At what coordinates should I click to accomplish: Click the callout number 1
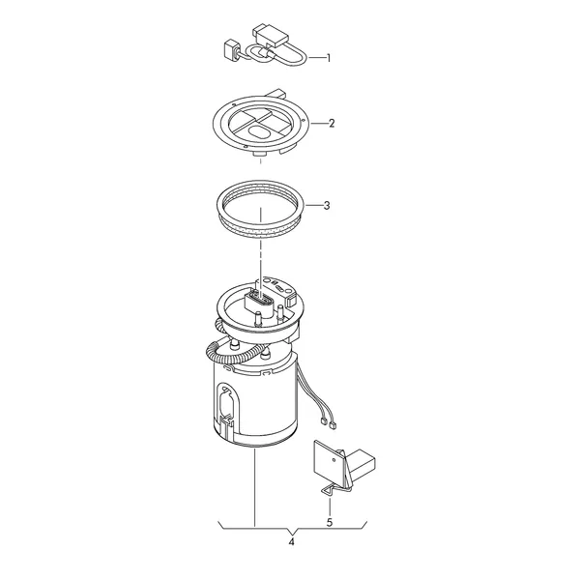coord(328,58)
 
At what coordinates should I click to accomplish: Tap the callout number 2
coord(332,123)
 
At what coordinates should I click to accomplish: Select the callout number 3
coord(327,205)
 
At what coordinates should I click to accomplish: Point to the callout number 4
coord(292,542)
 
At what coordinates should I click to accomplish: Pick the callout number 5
coord(330,522)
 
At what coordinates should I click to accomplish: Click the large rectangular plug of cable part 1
coord(272,36)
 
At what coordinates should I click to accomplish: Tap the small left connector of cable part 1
coord(230,50)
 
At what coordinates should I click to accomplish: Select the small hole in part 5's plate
coord(333,460)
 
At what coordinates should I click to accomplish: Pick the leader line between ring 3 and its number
coord(314,205)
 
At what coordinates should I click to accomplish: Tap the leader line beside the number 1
coord(316,58)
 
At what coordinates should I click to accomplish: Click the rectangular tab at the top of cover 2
coord(276,93)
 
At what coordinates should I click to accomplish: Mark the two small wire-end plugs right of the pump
coord(328,422)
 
